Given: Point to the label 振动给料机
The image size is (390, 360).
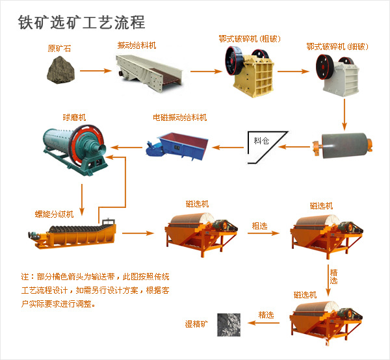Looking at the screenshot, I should click(x=136, y=45).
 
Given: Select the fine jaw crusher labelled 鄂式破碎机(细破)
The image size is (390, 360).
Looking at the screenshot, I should click(x=340, y=73).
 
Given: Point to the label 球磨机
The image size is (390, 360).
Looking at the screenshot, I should click(x=74, y=118).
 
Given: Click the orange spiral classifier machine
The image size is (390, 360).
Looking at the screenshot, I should click(x=73, y=234).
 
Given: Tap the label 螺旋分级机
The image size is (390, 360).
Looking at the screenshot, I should click(x=54, y=213).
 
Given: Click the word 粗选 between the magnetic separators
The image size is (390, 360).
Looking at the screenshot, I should click(x=261, y=225).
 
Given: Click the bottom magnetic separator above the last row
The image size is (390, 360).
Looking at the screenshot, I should click(x=326, y=318).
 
